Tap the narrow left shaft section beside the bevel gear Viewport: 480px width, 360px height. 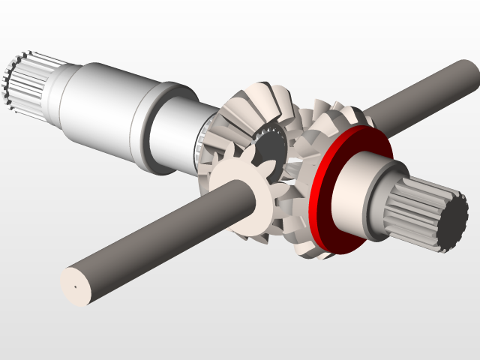point(180,131)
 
